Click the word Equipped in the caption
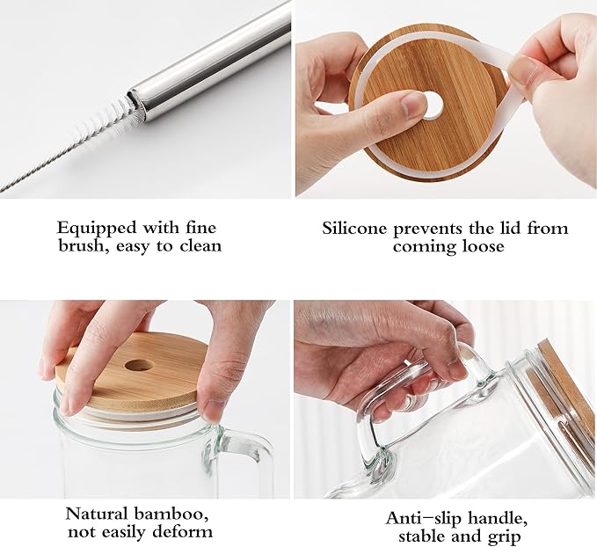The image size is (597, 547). (97, 229)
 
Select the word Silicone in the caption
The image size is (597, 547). (354, 229)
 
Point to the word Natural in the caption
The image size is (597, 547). (97, 514)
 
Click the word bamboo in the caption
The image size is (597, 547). (171, 514)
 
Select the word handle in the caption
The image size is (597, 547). (498, 519)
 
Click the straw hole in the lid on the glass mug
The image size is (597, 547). (139, 366)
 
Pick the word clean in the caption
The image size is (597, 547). (200, 246)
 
